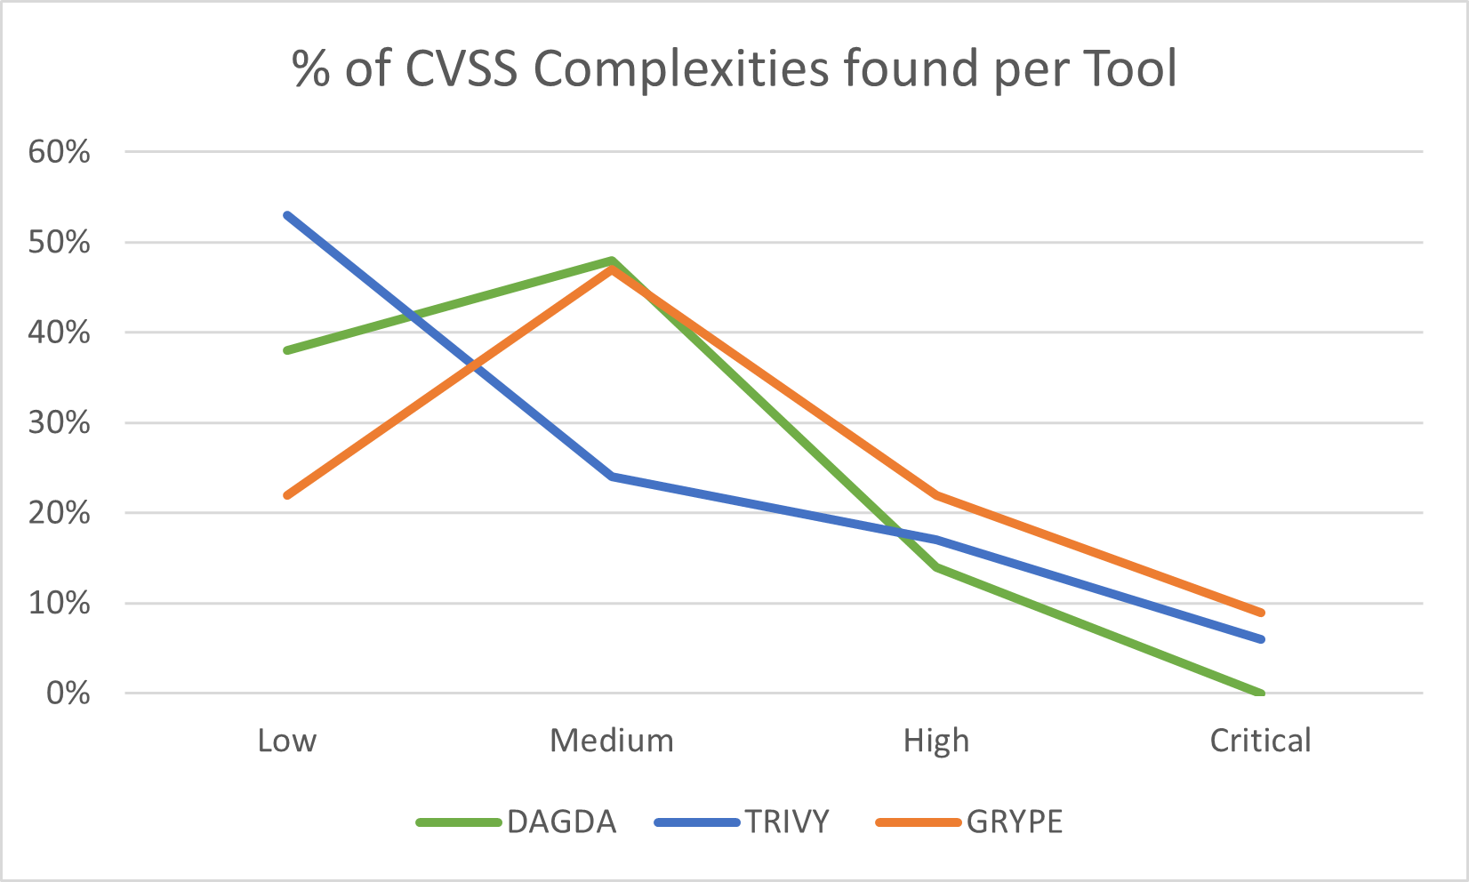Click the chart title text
(734, 69)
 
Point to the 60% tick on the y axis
(60, 152)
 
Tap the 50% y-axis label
(60, 242)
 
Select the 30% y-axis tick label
(60, 422)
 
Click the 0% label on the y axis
(68, 694)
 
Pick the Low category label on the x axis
(287, 741)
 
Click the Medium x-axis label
(612, 741)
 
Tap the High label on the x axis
(936, 741)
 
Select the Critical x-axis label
(1260, 741)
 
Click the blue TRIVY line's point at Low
(287, 215)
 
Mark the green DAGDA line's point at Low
(287, 350)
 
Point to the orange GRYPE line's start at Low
(287, 495)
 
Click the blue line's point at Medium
(612, 477)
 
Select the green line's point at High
(936, 567)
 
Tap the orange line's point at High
(936, 495)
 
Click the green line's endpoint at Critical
(1260, 693)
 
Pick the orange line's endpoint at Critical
(1260, 613)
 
